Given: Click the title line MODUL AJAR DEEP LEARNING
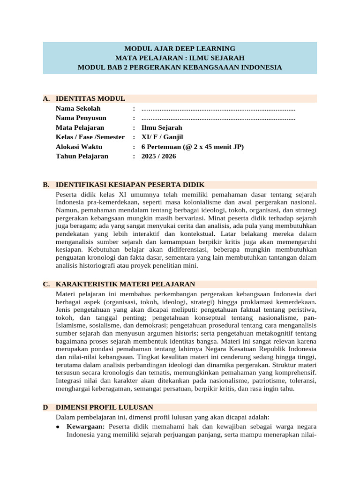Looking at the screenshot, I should (x=180, y=48).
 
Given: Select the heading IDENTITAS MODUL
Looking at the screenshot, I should (x=90, y=98).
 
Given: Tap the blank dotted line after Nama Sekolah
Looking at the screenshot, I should (x=218, y=108).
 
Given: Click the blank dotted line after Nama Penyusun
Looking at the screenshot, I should (x=218, y=118).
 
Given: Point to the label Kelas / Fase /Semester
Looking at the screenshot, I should (x=90, y=137).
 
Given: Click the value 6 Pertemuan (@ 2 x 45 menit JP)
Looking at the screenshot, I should (x=192, y=147).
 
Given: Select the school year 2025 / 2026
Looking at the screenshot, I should (x=158, y=156).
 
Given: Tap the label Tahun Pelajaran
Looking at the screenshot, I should (x=82, y=156).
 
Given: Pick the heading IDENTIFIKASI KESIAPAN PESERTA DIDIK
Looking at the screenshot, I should (x=130, y=185).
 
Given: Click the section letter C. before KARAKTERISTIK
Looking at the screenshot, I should (x=46, y=284).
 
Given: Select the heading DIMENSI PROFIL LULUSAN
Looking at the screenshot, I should (x=104, y=407).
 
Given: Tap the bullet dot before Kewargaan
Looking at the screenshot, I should (x=57, y=427).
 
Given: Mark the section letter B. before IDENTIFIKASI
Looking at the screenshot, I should (x=46, y=185).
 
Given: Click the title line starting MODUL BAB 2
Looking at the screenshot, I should (x=180, y=67).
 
